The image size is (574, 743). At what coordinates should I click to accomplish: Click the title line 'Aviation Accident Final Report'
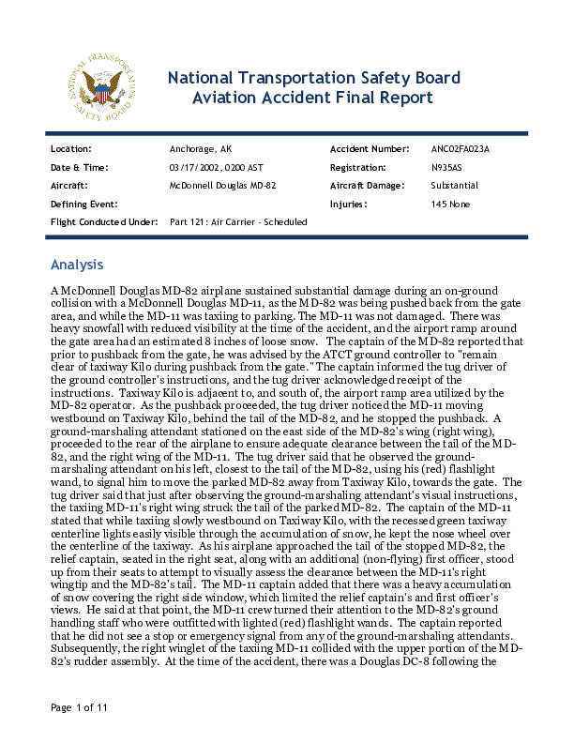point(312,98)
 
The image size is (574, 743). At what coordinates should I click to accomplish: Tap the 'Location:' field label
point(70,149)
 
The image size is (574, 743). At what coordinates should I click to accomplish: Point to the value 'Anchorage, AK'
point(200,149)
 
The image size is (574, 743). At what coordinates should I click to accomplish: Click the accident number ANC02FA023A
point(461,149)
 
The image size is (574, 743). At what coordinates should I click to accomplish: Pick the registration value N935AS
point(447,167)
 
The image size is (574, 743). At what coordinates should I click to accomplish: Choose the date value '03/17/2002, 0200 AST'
point(217,167)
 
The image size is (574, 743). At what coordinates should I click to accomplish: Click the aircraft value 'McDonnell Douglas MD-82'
point(222,186)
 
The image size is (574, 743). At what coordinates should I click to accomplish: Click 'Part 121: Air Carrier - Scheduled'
point(238,221)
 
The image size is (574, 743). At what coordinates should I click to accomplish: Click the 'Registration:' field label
point(358,167)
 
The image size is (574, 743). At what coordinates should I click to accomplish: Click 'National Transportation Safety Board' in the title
point(313,77)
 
